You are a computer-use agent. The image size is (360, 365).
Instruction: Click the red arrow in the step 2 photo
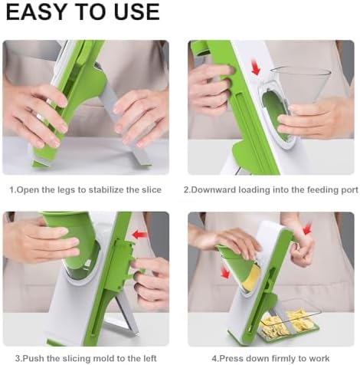pyautogui.click(x=256, y=71)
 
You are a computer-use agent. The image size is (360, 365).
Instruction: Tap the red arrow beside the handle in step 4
pyautogui.click(x=308, y=229)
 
